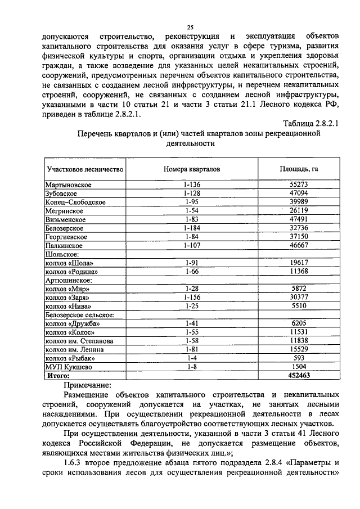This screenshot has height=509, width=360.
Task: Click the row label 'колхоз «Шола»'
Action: click(69, 263)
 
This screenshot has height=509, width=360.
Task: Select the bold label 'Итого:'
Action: click(58, 376)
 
